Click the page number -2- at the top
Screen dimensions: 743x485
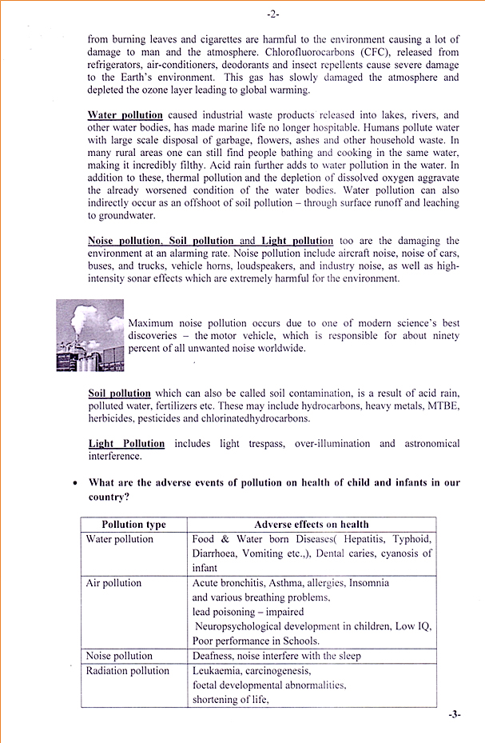[x=272, y=14]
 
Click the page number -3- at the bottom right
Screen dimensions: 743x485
[x=455, y=714]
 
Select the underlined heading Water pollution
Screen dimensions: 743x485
[x=125, y=115]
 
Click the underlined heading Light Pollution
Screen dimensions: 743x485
[x=126, y=444]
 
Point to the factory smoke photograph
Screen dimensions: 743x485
[x=89, y=335]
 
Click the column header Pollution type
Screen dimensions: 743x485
[x=134, y=525]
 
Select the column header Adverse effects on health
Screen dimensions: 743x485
[x=312, y=525]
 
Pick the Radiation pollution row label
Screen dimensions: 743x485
[x=128, y=670]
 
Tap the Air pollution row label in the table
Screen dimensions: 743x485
[x=113, y=583]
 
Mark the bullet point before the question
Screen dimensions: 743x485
[x=75, y=483]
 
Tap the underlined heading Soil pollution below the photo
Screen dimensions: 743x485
[x=119, y=393]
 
